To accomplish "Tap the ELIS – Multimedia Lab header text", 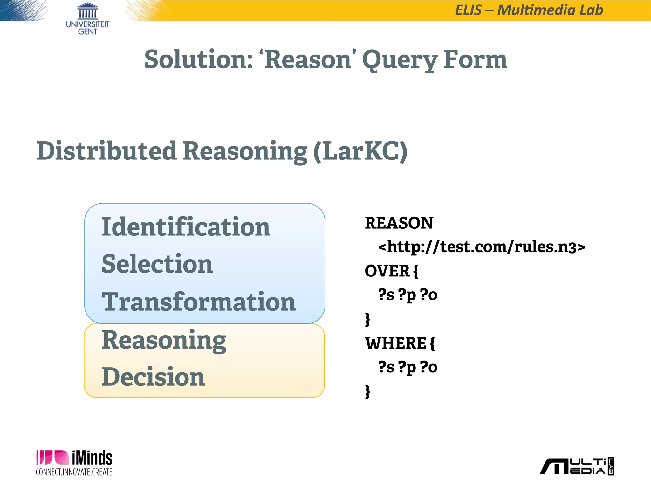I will point(529,10).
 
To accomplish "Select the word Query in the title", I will point(399,60).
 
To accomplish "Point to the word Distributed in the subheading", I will point(106,151).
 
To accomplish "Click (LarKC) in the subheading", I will point(360,151).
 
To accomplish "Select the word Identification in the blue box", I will point(186,227).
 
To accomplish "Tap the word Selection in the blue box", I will point(157,264).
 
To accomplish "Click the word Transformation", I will point(199,302).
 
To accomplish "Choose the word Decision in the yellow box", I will point(153,377).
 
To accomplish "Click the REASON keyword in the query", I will point(399,223).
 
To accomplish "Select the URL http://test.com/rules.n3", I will point(481,247).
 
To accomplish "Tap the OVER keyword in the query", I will point(387,271).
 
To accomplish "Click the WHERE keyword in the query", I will point(395,343).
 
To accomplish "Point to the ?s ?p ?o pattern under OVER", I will point(408,295).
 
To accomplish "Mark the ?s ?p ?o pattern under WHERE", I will point(408,367).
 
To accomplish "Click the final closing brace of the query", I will point(367,391).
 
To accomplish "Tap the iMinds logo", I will point(74,463).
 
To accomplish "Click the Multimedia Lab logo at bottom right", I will point(577,466).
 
